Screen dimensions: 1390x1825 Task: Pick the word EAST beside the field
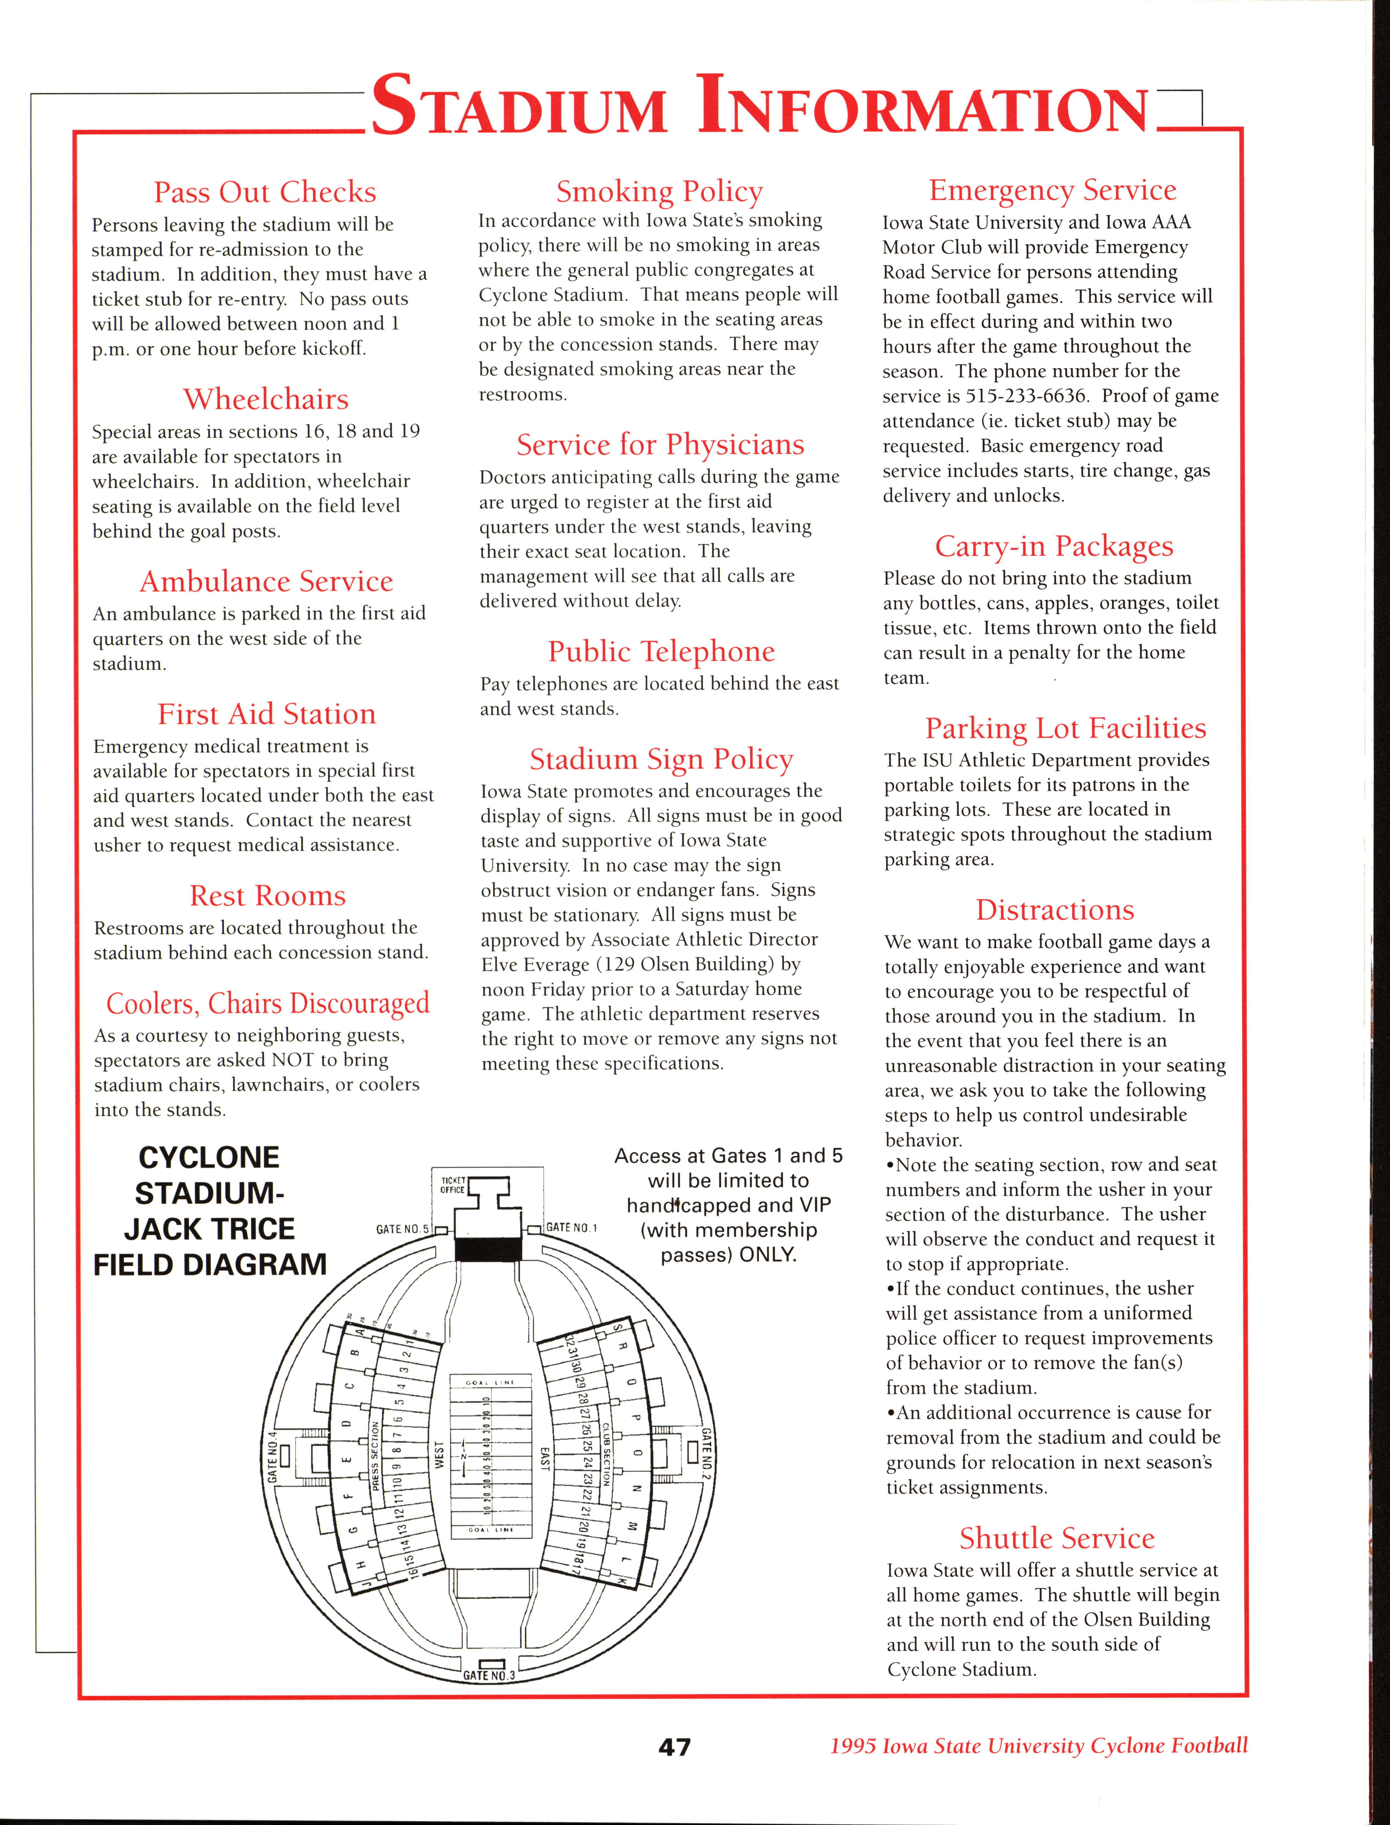(x=544, y=1458)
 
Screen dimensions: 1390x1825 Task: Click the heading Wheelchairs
(x=265, y=399)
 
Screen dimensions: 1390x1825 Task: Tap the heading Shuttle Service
(x=1057, y=1538)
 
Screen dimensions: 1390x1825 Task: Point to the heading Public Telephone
(x=661, y=651)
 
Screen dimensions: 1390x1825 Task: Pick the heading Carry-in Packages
(x=1054, y=546)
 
